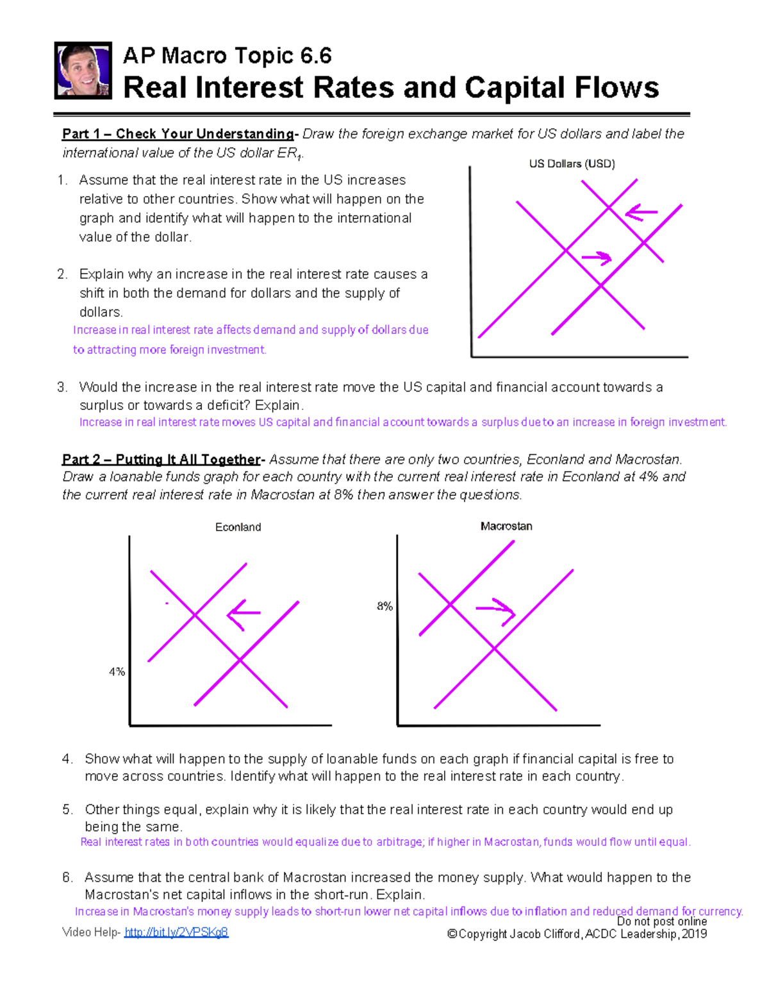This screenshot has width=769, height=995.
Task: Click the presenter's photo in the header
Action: coord(83,70)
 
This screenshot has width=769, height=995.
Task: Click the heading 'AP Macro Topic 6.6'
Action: coord(227,56)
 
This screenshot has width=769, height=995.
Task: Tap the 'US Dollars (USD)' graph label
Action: coord(572,164)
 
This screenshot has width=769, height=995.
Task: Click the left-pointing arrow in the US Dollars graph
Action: coord(641,213)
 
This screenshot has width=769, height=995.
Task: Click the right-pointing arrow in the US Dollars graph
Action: coord(597,258)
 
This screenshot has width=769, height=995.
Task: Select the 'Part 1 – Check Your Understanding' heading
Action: coord(178,134)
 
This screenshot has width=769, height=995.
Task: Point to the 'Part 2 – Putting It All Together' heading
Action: coord(161,459)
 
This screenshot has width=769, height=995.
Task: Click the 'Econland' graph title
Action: coord(238,527)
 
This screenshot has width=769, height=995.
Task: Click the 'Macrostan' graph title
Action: coord(506,526)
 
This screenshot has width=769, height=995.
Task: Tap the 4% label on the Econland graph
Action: coord(117,672)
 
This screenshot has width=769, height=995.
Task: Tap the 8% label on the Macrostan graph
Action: coord(384,606)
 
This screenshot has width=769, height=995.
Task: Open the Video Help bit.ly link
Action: coord(176,932)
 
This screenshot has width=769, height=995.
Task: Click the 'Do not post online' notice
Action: coord(661,921)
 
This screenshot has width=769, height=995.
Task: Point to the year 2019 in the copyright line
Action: coord(694,934)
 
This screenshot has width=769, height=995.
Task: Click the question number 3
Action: coord(62,387)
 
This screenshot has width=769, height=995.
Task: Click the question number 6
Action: coord(67,878)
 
